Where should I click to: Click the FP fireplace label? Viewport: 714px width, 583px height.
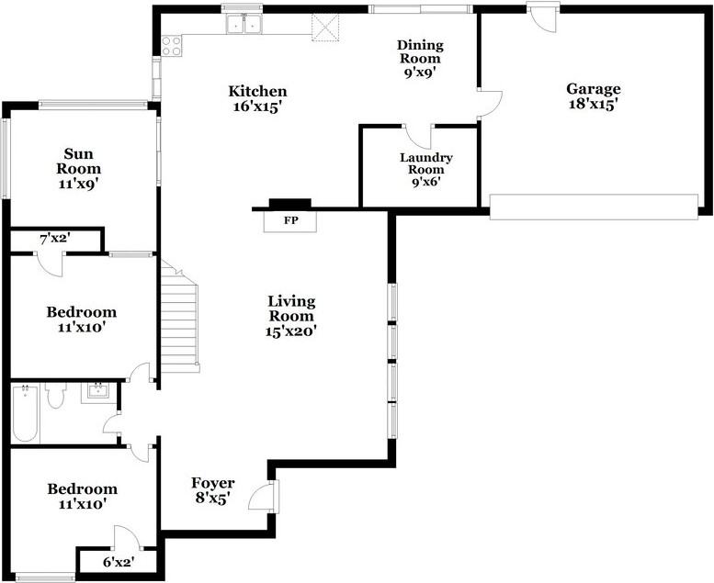pos(291,220)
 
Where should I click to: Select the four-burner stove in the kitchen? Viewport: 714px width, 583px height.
pos(172,46)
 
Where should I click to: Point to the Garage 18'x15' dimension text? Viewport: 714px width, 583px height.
pos(593,105)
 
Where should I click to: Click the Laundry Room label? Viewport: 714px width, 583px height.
pos(426,163)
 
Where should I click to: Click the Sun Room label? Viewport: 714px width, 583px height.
pos(78,161)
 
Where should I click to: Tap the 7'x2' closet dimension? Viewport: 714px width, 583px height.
pos(55,239)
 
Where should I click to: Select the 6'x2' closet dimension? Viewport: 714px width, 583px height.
pos(118,562)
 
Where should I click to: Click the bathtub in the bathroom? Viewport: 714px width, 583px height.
pos(26,413)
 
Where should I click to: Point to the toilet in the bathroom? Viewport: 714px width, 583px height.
pos(56,395)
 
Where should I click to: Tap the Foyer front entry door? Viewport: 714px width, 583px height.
pos(263,496)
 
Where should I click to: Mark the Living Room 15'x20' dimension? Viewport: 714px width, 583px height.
pos(290,331)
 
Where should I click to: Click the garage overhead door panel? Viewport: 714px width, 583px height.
pos(594,207)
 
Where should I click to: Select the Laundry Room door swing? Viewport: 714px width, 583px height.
pos(418,136)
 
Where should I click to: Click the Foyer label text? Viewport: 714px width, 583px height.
pos(212,483)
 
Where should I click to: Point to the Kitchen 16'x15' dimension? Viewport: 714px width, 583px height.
pos(257,107)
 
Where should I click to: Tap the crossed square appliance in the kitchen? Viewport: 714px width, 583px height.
pos(325,28)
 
